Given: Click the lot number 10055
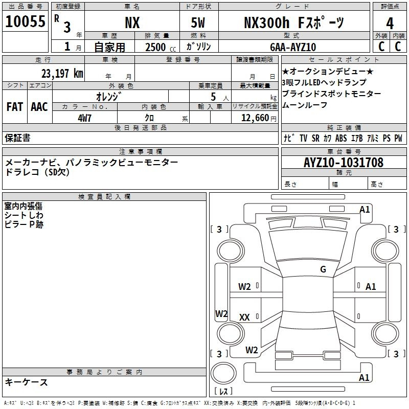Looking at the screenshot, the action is (x=25, y=21).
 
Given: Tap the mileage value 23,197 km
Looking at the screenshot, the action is (x=62, y=73).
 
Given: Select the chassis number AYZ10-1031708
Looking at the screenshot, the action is (x=344, y=162).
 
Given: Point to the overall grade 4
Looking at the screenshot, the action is (x=390, y=24).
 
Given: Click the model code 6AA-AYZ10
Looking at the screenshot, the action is (x=293, y=47).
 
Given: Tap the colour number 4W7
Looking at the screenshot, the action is (x=84, y=118).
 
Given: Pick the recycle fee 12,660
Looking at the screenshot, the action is (x=255, y=118).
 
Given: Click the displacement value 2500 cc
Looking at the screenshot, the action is (x=161, y=47).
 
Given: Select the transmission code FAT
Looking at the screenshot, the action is (x=15, y=107).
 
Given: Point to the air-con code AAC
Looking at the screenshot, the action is (x=39, y=107).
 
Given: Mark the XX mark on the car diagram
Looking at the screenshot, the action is (x=244, y=317).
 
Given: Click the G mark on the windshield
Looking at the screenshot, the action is (x=323, y=269).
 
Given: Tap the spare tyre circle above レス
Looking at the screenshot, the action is (x=223, y=373).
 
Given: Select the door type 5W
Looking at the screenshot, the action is (x=198, y=22).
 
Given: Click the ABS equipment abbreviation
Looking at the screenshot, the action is (x=341, y=138).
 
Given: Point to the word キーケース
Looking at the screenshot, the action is (x=27, y=382).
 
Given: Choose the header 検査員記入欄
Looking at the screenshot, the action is (x=104, y=197).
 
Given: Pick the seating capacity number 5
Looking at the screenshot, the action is (x=213, y=97).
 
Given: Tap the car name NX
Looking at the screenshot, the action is (x=132, y=23).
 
